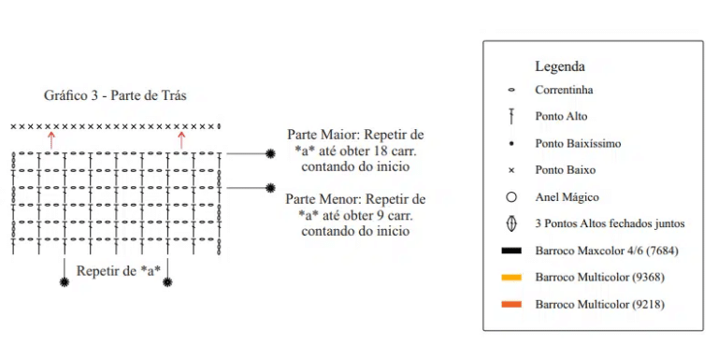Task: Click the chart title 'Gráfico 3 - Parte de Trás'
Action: pos(115,95)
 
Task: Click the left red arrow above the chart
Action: pos(51,140)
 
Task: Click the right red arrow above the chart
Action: pos(181,140)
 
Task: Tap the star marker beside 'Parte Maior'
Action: pos(270,154)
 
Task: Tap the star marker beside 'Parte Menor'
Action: pos(270,188)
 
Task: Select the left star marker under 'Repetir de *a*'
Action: pos(65,282)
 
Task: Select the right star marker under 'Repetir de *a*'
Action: pos(167,282)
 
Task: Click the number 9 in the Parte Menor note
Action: pos(381,215)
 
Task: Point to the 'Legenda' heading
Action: pos(560,67)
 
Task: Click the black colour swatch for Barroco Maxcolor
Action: pos(511,251)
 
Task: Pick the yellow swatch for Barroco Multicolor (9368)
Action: pos(511,277)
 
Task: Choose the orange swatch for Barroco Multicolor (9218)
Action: pos(511,304)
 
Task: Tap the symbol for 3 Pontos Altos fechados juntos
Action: pos(511,223)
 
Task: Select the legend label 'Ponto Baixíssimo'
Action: pos(578,143)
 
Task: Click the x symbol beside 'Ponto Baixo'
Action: pos(511,170)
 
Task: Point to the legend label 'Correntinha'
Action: pos(564,90)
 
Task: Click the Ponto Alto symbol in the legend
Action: pos(511,116)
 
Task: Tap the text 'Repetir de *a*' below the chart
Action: pos(118,270)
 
